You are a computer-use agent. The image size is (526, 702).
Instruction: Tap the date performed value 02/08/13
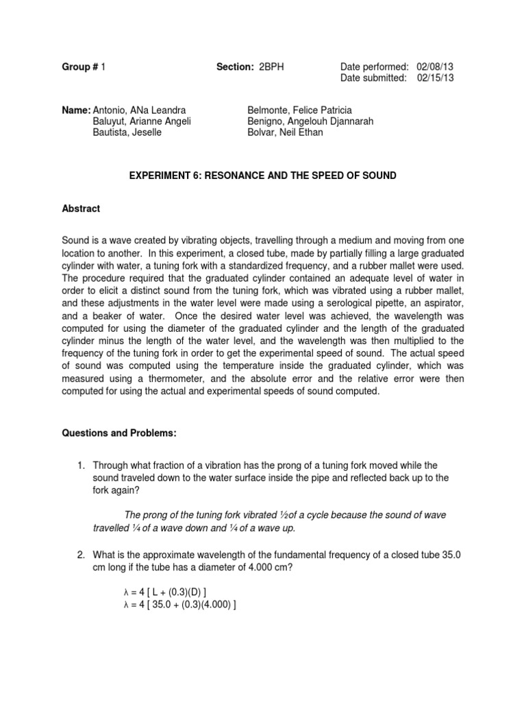[435, 66]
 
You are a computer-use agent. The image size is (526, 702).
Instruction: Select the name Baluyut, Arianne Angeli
[141, 121]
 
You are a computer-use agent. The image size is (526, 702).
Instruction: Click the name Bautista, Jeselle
[127, 132]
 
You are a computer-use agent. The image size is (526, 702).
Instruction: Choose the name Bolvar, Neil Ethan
[284, 132]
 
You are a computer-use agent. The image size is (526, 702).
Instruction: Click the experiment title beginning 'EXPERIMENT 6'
[263, 176]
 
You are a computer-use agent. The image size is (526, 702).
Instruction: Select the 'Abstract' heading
[81, 208]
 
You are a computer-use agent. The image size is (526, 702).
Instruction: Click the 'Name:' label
[76, 110]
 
